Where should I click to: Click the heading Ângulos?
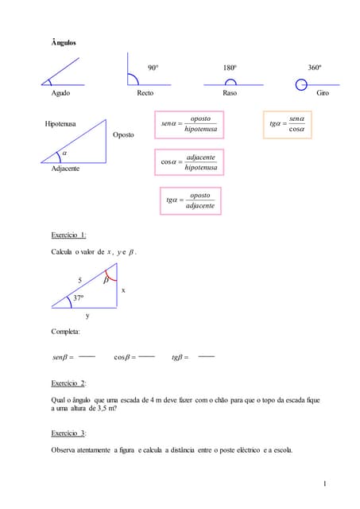pyautogui.click(x=63, y=42)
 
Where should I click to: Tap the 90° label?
pyautogui.click(x=153, y=68)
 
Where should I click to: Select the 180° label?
pyautogui.click(x=230, y=68)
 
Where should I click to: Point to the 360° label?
pyautogui.click(x=315, y=68)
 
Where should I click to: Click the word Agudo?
pyautogui.click(x=60, y=93)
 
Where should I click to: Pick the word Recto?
pyautogui.click(x=145, y=93)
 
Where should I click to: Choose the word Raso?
pyautogui.click(x=230, y=93)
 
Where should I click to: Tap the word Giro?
pyautogui.click(x=323, y=93)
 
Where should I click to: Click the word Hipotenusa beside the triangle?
pyautogui.click(x=61, y=125)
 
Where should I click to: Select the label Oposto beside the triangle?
pyautogui.click(x=123, y=135)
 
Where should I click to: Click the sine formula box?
pyautogui.click(x=189, y=124)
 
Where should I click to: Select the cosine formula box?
pyautogui.click(x=189, y=162)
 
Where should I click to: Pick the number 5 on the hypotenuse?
pyautogui.click(x=79, y=280)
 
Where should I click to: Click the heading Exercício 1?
pyautogui.click(x=68, y=235)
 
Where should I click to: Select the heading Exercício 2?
pyautogui.click(x=68, y=383)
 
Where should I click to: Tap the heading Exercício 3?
pyautogui.click(x=68, y=433)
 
